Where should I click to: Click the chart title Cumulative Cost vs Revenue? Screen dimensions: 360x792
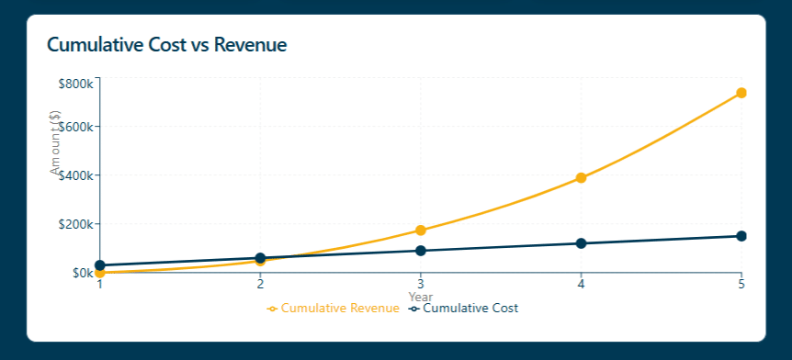click(166, 44)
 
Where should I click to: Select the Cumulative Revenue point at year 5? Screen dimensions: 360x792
click(741, 93)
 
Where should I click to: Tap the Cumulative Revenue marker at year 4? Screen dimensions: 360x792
click(581, 177)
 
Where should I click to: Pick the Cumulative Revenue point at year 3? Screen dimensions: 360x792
click(420, 231)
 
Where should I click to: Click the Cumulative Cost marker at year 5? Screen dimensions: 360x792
click(741, 236)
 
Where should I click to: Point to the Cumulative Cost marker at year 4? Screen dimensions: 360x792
click(581, 243)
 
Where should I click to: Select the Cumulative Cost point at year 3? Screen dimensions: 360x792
click(420, 251)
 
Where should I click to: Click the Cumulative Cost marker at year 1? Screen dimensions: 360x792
click(100, 265)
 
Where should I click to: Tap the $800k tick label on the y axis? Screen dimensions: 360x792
click(75, 84)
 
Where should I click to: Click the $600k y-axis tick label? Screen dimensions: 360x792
click(75, 127)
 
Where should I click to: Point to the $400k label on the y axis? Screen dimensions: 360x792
click(75, 175)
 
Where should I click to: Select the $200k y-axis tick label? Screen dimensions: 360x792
click(75, 224)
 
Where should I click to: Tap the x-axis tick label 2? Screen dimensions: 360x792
click(260, 285)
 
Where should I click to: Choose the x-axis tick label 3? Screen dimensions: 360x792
click(420, 285)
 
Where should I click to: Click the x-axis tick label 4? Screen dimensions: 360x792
click(581, 285)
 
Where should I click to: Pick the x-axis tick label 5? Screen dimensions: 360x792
click(741, 285)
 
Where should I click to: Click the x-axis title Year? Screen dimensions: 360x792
click(420, 297)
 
